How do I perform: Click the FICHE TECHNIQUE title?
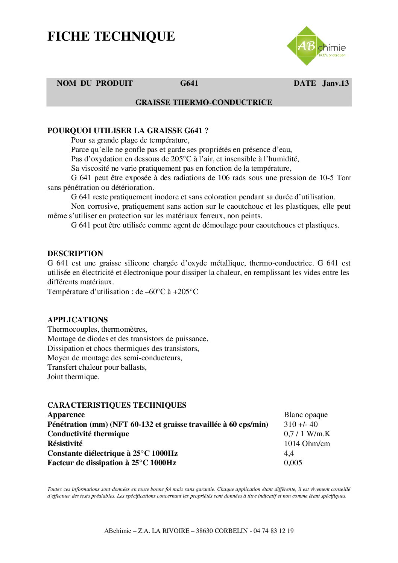click(111, 36)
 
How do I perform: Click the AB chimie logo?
click(316, 46)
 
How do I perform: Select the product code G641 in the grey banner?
click(189, 83)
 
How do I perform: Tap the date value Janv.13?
click(335, 83)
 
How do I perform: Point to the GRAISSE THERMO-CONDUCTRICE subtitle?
click(204, 102)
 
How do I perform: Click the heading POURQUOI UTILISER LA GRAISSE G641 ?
click(128, 131)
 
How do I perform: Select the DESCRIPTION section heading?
click(75, 253)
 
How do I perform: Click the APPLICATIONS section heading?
click(77, 320)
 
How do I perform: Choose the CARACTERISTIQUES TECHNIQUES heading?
click(117, 405)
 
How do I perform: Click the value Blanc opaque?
click(305, 414)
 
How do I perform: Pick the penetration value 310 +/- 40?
click(301, 424)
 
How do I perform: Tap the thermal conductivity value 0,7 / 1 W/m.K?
click(307, 434)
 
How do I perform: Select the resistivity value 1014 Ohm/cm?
click(307, 443)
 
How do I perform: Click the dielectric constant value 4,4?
click(289, 453)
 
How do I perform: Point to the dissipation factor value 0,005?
click(293, 463)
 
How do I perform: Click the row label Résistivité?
click(65, 443)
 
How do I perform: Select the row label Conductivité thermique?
click(88, 434)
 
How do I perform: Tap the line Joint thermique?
click(73, 376)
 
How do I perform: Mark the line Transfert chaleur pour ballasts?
click(97, 367)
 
